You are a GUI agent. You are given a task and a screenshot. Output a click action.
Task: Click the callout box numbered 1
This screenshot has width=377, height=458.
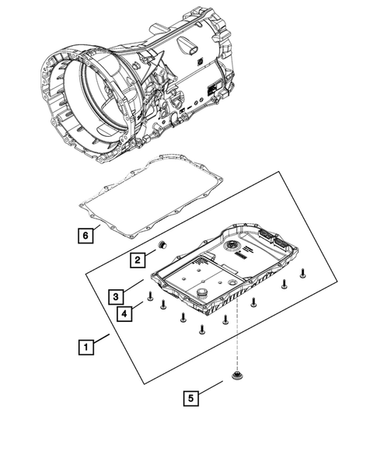coord(86,348)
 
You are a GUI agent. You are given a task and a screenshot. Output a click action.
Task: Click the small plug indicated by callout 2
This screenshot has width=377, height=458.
coord(162,246)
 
